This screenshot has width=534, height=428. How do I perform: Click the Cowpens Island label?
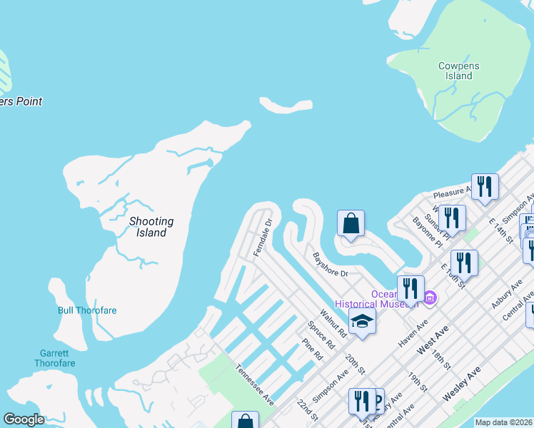click(x=458, y=71)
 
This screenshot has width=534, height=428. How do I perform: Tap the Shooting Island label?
click(x=151, y=227)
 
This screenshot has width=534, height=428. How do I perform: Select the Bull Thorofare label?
click(x=87, y=310)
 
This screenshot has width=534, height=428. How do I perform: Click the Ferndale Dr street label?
click(x=263, y=238)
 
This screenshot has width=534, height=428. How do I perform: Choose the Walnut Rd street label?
click(x=333, y=322)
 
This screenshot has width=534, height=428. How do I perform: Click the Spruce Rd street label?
click(x=321, y=333)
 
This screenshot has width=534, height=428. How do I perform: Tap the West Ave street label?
click(x=432, y=341)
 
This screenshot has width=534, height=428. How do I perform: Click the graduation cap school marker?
click(x=362, y=321)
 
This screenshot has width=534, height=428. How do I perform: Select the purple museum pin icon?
click(x=429, y=297)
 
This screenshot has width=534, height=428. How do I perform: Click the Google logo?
click(x=24, y=419)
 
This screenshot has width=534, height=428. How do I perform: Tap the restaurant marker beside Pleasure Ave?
click(x=485, y=187)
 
